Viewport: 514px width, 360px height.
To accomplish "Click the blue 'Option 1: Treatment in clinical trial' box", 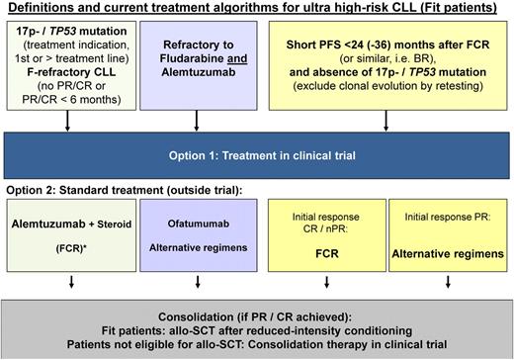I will click(x=256, y=155).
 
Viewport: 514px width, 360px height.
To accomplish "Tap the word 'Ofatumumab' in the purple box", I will click(x=183, y=224).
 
